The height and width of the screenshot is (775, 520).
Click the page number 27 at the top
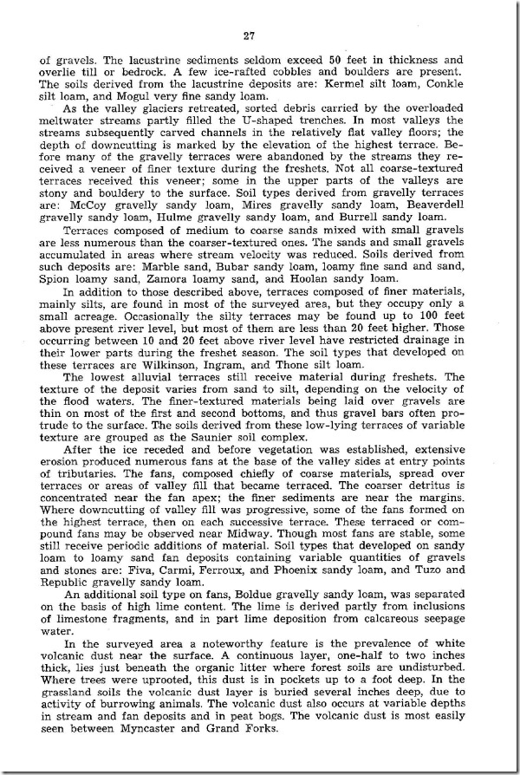pyautogui.click(x=259, y=35)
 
